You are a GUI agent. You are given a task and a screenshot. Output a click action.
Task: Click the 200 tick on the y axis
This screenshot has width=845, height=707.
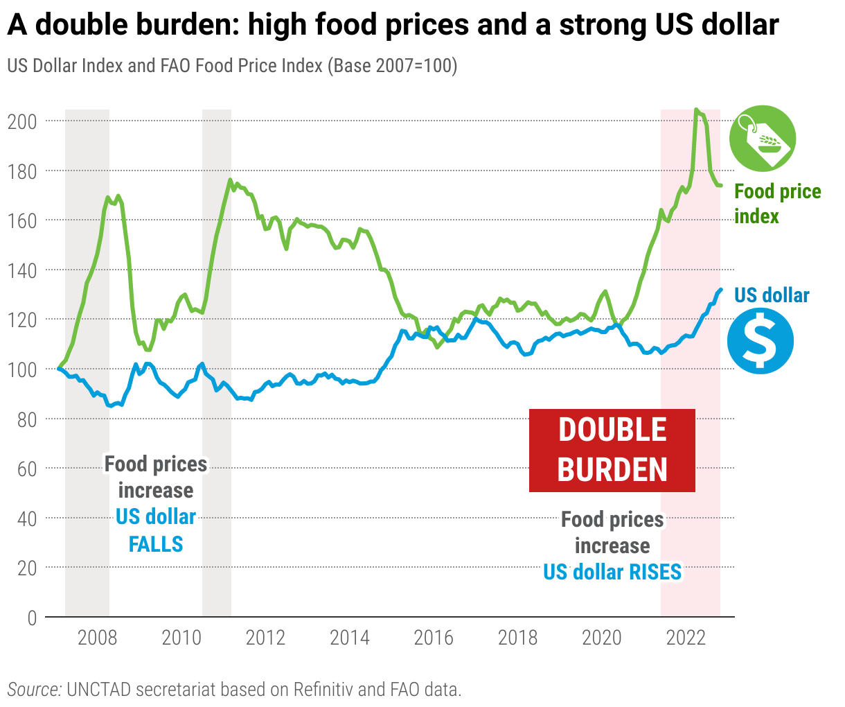[21, 121]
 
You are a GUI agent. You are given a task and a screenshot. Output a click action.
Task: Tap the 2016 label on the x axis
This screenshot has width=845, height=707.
[434, 638]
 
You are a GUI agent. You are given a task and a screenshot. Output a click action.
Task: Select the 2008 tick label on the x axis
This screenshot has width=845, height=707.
[97, 638]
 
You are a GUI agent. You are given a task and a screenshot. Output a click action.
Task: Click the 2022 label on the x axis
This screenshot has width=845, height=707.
[686, 638]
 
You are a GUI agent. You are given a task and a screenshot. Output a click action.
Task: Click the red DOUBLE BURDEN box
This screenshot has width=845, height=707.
[612, 451]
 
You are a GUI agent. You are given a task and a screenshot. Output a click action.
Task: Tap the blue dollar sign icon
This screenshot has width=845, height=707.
[760, 340]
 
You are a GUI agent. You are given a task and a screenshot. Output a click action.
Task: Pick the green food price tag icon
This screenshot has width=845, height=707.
[763, 138]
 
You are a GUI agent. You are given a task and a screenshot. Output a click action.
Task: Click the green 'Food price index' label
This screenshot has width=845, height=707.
[777, 204]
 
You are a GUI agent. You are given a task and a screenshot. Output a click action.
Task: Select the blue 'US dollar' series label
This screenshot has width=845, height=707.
[772, 295]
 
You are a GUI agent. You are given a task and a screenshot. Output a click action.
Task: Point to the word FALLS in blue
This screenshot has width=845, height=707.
[156, 544]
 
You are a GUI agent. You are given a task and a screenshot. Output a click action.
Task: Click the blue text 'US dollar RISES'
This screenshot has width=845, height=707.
[612, 572]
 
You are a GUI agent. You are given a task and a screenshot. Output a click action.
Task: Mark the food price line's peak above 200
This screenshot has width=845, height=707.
[696, 110]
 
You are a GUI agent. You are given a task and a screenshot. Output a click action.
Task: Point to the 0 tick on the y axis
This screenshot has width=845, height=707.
[32, 618]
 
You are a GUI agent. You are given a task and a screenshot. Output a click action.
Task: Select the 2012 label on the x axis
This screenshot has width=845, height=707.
[265, 638]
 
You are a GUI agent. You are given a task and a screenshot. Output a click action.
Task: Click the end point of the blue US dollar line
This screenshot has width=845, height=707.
[721, 290]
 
